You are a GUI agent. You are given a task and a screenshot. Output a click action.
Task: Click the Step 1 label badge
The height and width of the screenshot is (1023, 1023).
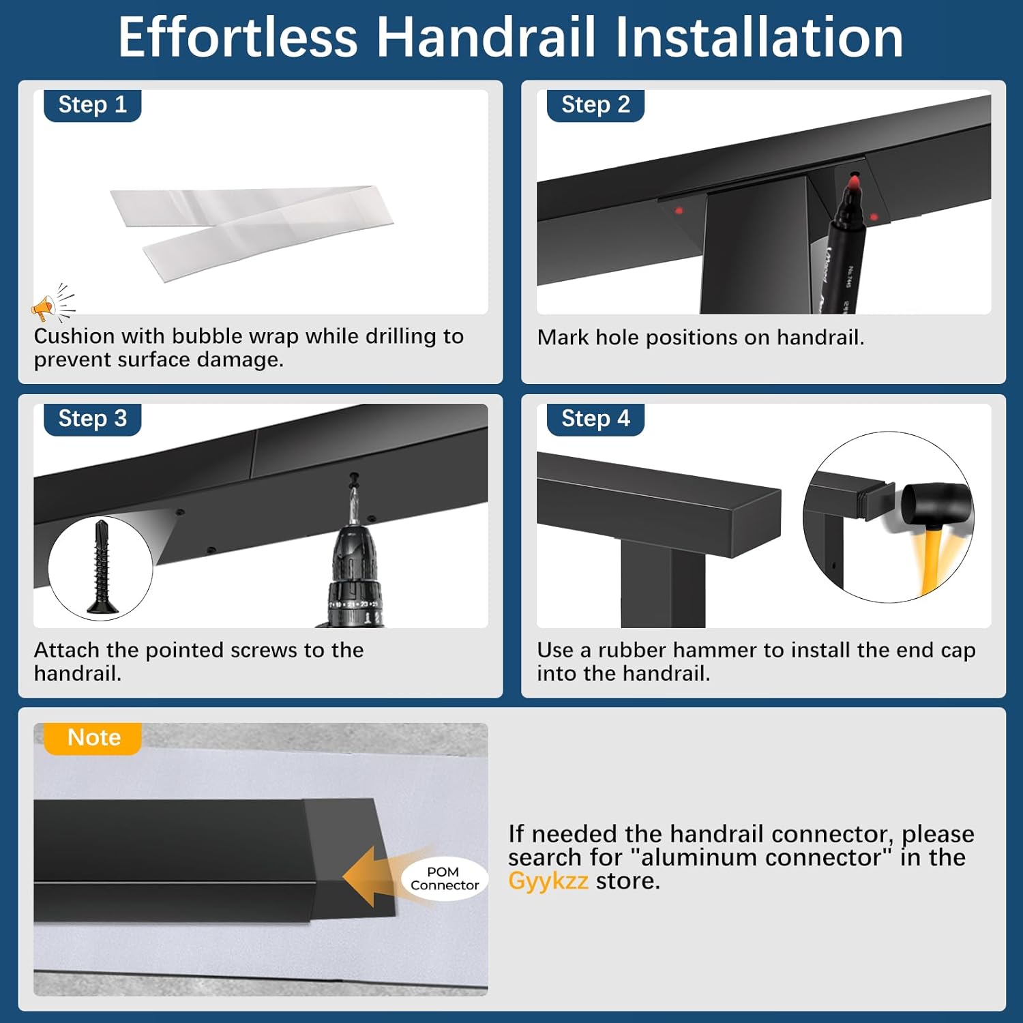coord(92,105)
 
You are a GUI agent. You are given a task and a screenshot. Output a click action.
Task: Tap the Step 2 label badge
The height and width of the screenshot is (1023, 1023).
coord(595,105)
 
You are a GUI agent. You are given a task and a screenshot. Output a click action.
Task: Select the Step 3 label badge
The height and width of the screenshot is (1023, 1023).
coord(92,418)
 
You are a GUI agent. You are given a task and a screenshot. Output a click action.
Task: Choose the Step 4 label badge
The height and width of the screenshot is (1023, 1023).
coord(595,418)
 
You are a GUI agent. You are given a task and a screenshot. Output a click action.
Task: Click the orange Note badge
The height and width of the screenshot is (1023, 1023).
coord(93,738)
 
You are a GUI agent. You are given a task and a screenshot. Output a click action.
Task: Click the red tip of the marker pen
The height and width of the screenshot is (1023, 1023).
coord(853,183)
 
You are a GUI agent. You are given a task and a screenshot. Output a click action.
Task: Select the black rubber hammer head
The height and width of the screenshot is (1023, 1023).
coord(937,503)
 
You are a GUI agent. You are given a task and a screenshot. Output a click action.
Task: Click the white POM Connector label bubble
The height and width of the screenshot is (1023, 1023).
coord(445,878)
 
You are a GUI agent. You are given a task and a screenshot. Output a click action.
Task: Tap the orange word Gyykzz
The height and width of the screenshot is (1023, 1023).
coord(548,881)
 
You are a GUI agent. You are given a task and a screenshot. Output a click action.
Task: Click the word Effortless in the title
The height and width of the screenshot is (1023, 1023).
coord(237,38)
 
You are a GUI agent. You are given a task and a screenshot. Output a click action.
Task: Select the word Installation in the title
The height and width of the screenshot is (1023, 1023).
coord(758,38)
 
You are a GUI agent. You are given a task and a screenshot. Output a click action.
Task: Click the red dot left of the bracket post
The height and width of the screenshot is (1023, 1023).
coord(679,211)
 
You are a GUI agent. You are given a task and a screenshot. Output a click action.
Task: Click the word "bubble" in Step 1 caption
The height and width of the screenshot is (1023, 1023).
coord(207,336)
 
